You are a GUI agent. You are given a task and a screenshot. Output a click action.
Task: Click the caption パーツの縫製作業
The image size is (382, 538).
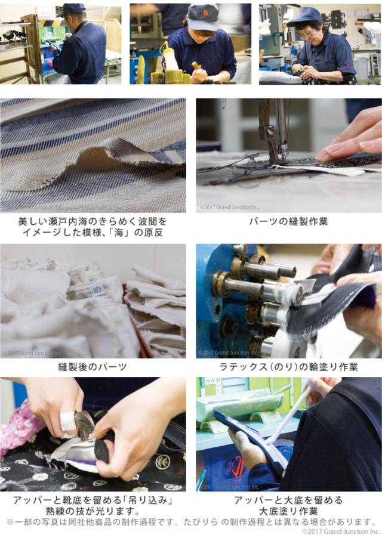(288, 221)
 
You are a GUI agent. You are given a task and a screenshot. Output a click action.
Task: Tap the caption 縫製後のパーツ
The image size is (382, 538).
(93, 367)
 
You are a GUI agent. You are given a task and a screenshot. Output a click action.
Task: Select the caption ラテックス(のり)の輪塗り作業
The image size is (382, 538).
(288, 367)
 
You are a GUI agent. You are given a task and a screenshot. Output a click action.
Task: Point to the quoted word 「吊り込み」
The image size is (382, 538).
(147, 500)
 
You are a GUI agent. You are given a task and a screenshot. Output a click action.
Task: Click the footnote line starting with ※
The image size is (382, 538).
(191, 522)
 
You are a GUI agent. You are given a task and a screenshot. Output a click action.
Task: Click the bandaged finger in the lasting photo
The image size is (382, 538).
(67, 420)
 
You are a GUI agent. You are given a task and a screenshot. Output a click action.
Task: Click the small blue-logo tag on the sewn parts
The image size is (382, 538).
(95, 290)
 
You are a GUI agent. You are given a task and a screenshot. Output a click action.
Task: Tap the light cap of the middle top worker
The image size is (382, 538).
(203, 17)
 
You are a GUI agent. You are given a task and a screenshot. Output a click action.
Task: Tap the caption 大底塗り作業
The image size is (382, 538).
(288, 511)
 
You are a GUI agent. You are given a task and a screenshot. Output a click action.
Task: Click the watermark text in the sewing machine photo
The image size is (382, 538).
(230, 207)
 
